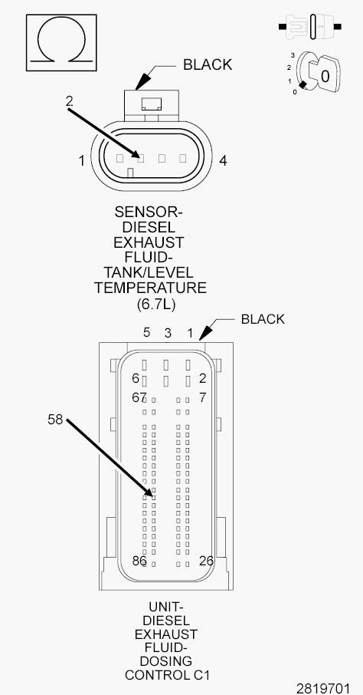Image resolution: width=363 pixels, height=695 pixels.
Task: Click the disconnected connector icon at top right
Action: [x=310, y=27]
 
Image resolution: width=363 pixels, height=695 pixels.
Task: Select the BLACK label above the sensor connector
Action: [x=208, y=64]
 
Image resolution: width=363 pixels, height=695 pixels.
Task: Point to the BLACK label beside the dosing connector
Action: [x=263, y=319]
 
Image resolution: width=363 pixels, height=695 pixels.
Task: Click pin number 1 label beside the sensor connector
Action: [x=81, y=160]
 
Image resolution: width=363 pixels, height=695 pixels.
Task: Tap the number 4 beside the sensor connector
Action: [x=223, y=160]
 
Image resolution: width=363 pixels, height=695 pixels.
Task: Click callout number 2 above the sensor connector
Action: [x=69, y=101]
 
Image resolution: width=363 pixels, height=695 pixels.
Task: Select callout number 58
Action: [x=55, y=420]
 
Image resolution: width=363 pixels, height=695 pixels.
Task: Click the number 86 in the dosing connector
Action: [x=139, y=561]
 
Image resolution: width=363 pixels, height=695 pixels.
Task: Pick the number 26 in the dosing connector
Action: [x=206, y=561]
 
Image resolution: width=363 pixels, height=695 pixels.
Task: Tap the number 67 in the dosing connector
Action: [x=139, y=397]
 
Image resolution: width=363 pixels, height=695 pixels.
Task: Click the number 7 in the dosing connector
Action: [x=202, y=397]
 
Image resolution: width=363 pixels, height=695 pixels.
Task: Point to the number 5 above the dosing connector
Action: [x=146, y=332]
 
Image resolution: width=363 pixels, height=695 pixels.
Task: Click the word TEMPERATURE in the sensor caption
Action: [x=150, y=288]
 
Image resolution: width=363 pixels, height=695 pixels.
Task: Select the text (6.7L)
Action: [x=151, y=304]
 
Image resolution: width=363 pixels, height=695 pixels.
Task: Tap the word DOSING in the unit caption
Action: [x=166, y=661]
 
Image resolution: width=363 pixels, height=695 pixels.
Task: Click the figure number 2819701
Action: [x=323, y=688]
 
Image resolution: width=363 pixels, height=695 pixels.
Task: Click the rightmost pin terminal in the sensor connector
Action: [x=182, y=158]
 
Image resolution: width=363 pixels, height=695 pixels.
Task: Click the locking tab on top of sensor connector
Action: [x=152, y=104]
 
